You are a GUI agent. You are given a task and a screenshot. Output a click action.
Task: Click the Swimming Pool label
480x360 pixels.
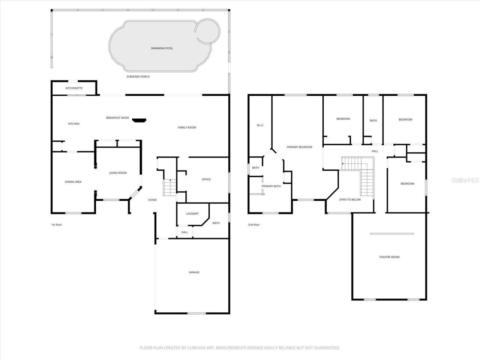pos(162,48)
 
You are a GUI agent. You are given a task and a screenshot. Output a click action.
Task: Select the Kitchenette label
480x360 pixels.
pos(74,88)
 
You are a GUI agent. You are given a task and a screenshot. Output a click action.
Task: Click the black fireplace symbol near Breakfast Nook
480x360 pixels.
pos(139,120)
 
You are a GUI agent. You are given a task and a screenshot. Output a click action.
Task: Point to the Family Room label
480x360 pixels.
pos(187,127)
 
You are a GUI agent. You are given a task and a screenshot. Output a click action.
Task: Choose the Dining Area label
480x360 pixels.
pos(73,182)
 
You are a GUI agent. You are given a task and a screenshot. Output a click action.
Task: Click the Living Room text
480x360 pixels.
pos(118,173)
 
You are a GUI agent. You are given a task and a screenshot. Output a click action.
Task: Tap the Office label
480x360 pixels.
pos(206,179)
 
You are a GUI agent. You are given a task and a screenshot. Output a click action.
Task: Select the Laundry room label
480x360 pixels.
pos(192,214)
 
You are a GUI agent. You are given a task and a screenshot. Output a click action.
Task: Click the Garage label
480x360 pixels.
pos(194,272)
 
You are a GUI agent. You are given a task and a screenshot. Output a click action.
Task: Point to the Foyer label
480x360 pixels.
pos(152,200)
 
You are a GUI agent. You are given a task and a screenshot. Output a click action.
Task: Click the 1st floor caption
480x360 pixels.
pos(56,225)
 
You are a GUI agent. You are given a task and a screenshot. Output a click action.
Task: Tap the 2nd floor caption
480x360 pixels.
pos(253,225)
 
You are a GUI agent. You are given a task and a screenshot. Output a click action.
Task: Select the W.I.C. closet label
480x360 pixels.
pos(260,125)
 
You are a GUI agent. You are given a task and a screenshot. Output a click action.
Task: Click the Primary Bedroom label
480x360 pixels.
pos(299,147)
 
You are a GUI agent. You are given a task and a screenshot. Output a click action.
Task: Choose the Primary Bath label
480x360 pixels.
pos(271,186)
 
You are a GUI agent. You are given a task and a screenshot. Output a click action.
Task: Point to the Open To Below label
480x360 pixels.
pos(350,199)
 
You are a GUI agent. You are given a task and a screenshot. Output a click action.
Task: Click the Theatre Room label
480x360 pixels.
pos(389,257)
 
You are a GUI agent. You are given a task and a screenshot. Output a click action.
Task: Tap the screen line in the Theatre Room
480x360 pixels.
pos(391,234)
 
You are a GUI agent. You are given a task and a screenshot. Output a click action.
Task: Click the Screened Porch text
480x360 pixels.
pos(138,76)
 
